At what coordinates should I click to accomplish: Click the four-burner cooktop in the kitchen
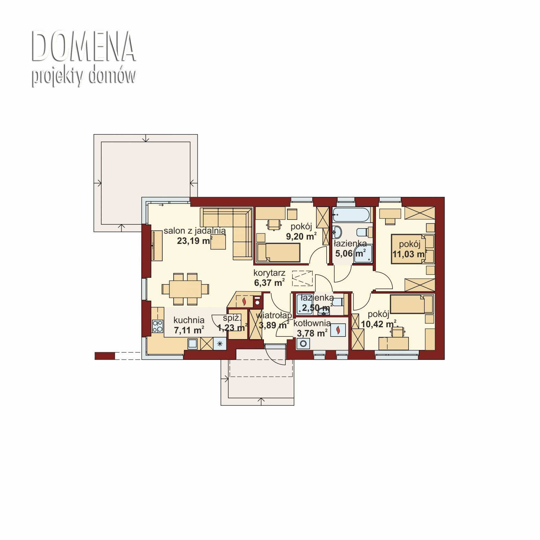point(157,326)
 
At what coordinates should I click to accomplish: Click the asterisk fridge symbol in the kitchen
point(220,344)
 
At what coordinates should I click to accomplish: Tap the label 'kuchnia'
point(189,320)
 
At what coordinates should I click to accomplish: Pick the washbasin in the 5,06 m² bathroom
point(337,231)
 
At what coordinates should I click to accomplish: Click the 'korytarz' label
point(269,273)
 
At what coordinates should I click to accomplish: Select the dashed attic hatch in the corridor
point(302,278)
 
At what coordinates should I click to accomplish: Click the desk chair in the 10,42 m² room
point(398,332)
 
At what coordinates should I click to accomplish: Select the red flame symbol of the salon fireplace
point(244,301)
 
